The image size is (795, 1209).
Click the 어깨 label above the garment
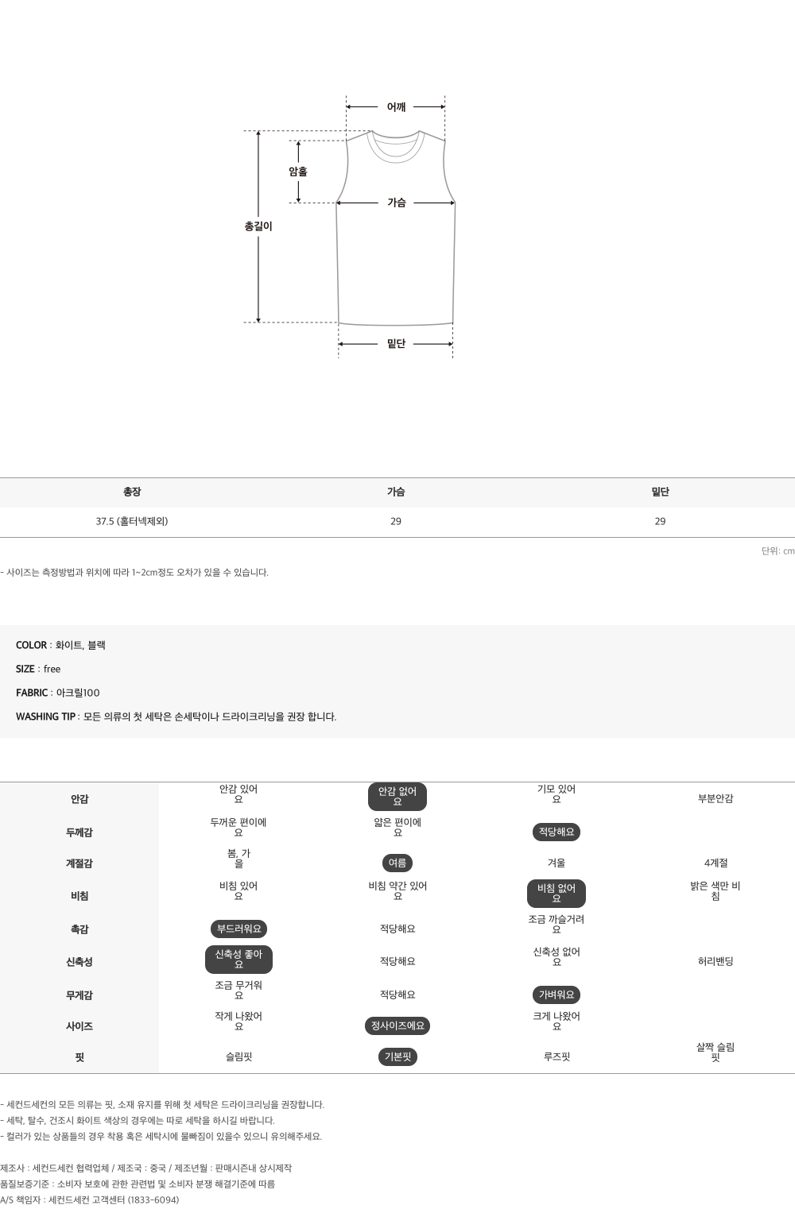[396, 107]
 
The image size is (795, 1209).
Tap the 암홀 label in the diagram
[298, 172]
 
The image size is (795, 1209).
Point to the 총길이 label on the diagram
[258, 226]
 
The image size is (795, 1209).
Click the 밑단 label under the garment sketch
[396, 344]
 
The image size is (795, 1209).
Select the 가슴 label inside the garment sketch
[396, 203]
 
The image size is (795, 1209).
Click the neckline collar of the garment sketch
[396, 156]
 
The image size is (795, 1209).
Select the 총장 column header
[132, 492]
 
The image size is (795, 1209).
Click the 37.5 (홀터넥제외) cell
[132, 521]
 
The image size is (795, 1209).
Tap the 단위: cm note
[778, 551]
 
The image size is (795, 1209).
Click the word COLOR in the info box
[31, 645]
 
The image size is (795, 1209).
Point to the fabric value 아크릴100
[78, 693]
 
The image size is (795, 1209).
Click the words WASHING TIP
[45, 717]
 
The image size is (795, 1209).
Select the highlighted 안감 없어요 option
[397, 797]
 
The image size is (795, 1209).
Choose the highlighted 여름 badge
[397, 863]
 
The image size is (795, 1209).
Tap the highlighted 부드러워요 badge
[238, 929]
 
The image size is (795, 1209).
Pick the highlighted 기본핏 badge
[397, 1056]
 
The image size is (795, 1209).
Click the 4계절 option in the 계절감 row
[715, 863]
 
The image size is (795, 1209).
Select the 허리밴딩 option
[715, 961]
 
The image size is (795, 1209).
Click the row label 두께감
[79, 832]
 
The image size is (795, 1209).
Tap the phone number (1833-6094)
[153, 1199]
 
